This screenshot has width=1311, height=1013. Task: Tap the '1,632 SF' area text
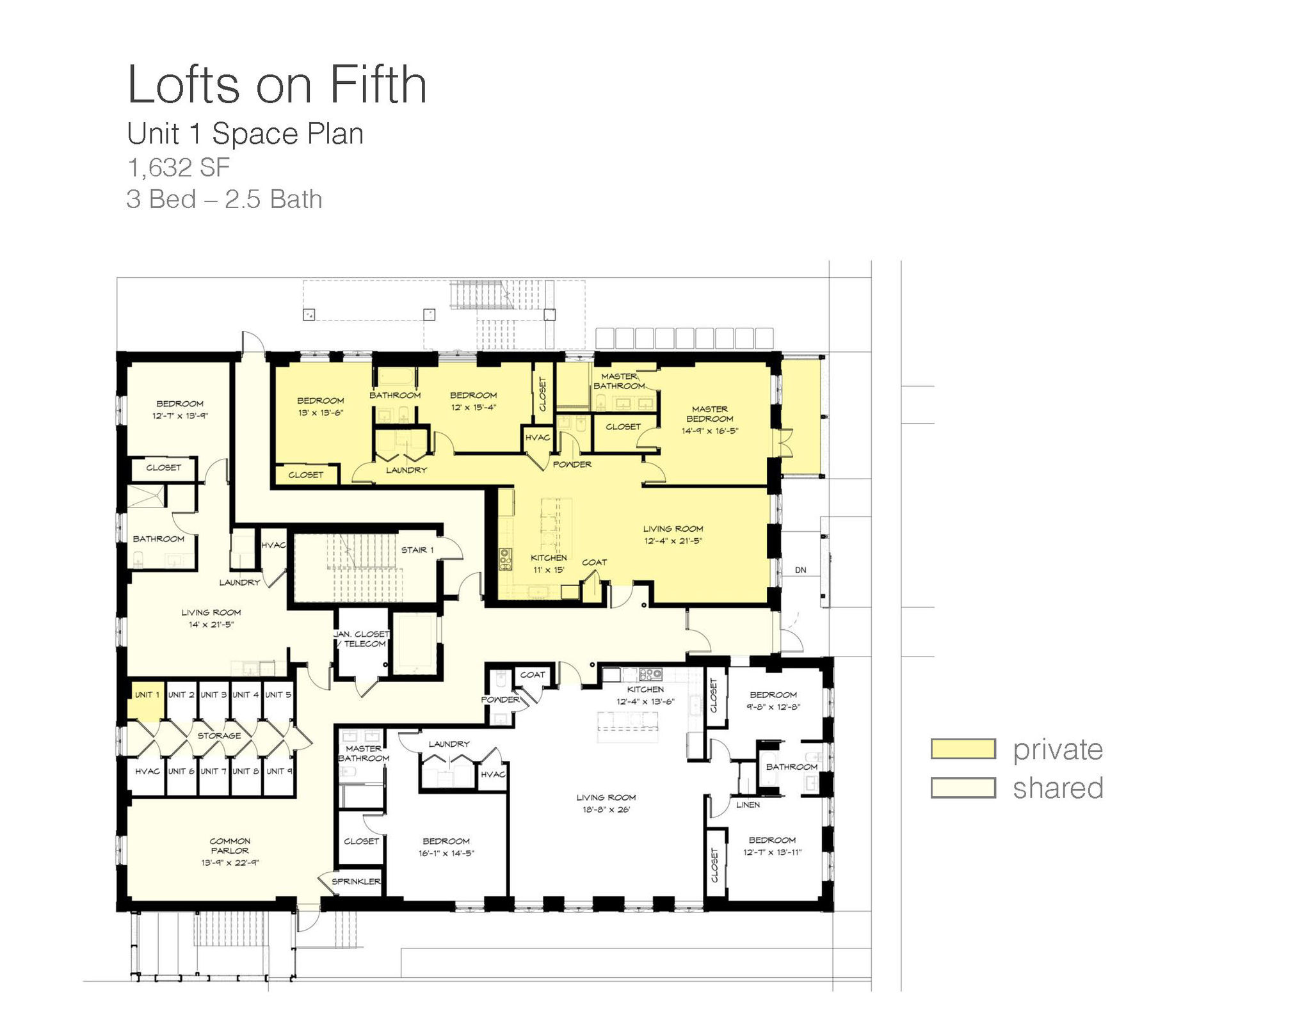[179, 168]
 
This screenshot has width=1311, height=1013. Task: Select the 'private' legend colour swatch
[963, 749]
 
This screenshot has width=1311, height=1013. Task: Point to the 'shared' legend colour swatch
[963, 788]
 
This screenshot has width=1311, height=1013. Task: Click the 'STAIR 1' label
[417, 550]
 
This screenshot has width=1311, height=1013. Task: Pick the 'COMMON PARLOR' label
[230, 846]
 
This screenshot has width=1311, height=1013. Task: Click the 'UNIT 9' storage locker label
[279, 771]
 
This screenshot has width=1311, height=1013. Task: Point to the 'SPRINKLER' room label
[356, 882]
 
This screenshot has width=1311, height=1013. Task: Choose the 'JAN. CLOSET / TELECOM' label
[361, 639]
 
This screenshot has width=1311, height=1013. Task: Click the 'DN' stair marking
[800, 570]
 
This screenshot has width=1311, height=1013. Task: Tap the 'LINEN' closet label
[748, 805]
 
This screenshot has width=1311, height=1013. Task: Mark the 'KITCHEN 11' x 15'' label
[549, 564]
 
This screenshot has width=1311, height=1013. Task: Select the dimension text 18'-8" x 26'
[606, 810]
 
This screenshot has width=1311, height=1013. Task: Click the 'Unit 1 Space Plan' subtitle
[245, 134]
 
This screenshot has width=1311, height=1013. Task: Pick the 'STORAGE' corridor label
[219, 736]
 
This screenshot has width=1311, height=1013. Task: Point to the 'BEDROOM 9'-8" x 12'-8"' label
[773, 701]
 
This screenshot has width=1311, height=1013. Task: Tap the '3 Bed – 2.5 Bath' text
[224, 199]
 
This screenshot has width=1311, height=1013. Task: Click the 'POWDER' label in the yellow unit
[572, 465]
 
